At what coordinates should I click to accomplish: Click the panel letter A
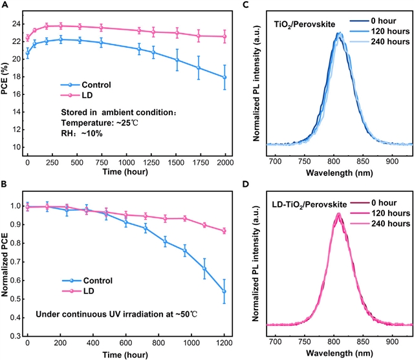[5, 5]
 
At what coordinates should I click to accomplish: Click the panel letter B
[5, 185]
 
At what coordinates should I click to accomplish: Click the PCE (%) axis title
[5, 85]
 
